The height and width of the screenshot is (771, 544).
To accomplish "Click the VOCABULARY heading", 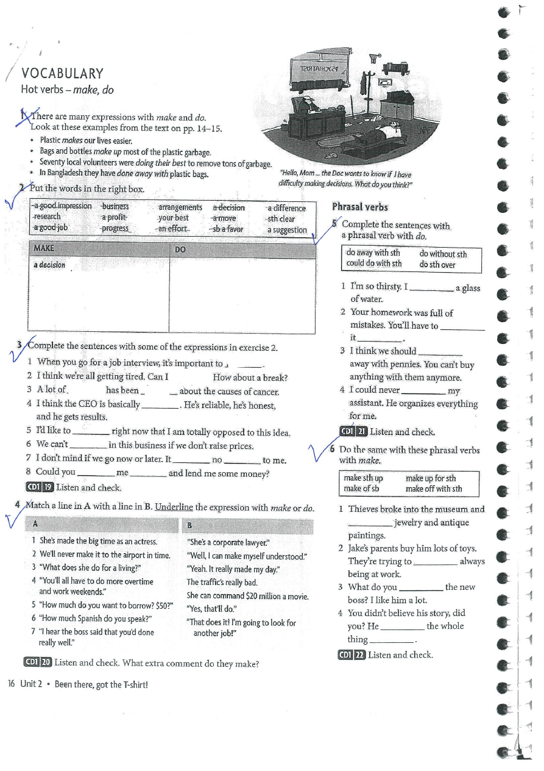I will point(62,74).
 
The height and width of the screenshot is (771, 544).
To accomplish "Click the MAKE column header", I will point(44,249).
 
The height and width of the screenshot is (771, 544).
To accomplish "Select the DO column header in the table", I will point(180,249).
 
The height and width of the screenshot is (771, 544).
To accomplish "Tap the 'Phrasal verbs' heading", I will point(360,207).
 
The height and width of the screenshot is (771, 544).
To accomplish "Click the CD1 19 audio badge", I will point(39,487).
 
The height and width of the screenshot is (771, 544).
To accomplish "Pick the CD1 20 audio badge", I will point(37,662).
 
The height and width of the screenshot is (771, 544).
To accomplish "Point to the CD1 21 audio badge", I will point(353,432).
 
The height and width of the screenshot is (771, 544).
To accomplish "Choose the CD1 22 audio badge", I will point(351,655).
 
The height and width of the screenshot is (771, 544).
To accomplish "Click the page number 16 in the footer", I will point(12,684).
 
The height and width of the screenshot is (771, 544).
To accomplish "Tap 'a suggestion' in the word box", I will point(287,230).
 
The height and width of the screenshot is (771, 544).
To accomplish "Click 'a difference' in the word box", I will point(286,207).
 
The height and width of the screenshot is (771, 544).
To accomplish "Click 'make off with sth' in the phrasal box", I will point(434,489).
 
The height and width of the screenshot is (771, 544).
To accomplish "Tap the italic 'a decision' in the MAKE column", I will point(49,265).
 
